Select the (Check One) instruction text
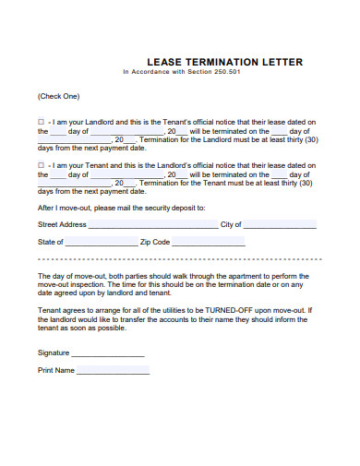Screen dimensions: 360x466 click(58, 96)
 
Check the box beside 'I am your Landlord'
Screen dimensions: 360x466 click(40, 121)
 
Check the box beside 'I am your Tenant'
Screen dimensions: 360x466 click(40, 164)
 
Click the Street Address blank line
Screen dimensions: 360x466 click(153, 225)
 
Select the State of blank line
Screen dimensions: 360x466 click(101, 243)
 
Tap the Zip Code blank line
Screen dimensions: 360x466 click(209, 243)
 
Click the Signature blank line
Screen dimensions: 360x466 click(108, 353)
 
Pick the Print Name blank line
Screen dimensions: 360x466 click(113, 371)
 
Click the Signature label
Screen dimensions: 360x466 click(54, 352)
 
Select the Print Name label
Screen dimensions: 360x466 click(55, 370)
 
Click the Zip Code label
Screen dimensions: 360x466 click(155, 242)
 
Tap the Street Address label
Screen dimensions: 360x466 click(62, 224)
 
